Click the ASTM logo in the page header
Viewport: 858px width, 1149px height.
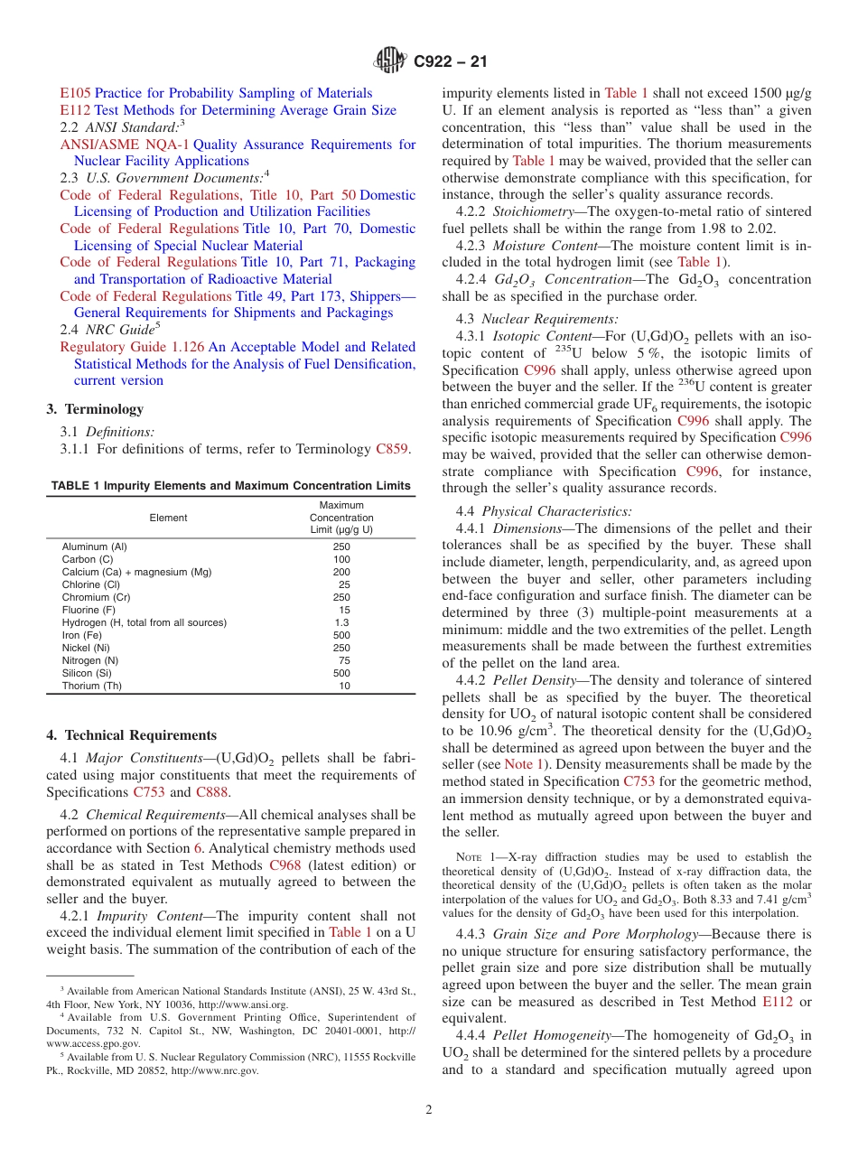click(390, 61)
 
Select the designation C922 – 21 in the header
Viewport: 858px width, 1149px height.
click(450, 61)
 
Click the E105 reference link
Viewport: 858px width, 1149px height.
click(76, 93)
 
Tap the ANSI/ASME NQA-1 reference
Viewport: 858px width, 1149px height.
click(125, 145)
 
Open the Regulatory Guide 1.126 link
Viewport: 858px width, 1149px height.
click(132, 347)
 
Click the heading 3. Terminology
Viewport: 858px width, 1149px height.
click(95, 409)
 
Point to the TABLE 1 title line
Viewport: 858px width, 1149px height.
click(230, 486)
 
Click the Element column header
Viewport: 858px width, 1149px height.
click(168, 518)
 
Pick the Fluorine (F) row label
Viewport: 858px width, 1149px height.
click(93, 610)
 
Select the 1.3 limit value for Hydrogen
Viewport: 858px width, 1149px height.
click(341, 622)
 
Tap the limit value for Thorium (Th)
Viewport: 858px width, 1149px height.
click(344, 686)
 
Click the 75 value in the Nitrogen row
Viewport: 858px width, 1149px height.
click(344, 660)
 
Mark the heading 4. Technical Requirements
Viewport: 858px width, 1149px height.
click(131, 735)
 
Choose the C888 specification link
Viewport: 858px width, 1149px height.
click(212, 792)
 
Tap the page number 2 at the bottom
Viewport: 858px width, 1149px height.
click(429, 1110)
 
